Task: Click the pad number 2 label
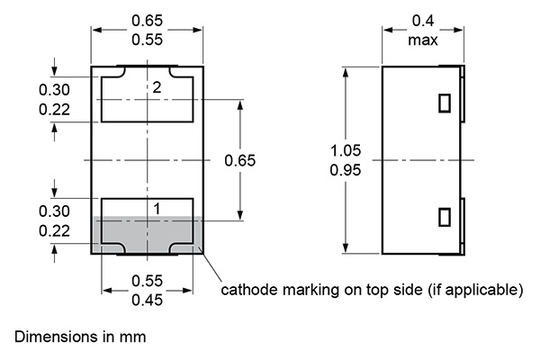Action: point(157,88)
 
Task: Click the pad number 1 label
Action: point(157,209)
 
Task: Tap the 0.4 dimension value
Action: point(422,21)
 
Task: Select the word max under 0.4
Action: point(422,40)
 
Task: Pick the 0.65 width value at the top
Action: point(148,21)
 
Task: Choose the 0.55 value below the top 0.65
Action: point(148,40)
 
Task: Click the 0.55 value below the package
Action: point(148,281)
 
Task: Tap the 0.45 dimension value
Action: point(148,301)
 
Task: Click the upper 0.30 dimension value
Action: point(54,89)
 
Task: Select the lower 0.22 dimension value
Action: point(54,230)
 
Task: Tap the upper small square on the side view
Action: point(443,103)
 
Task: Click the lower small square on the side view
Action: point(443,217)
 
